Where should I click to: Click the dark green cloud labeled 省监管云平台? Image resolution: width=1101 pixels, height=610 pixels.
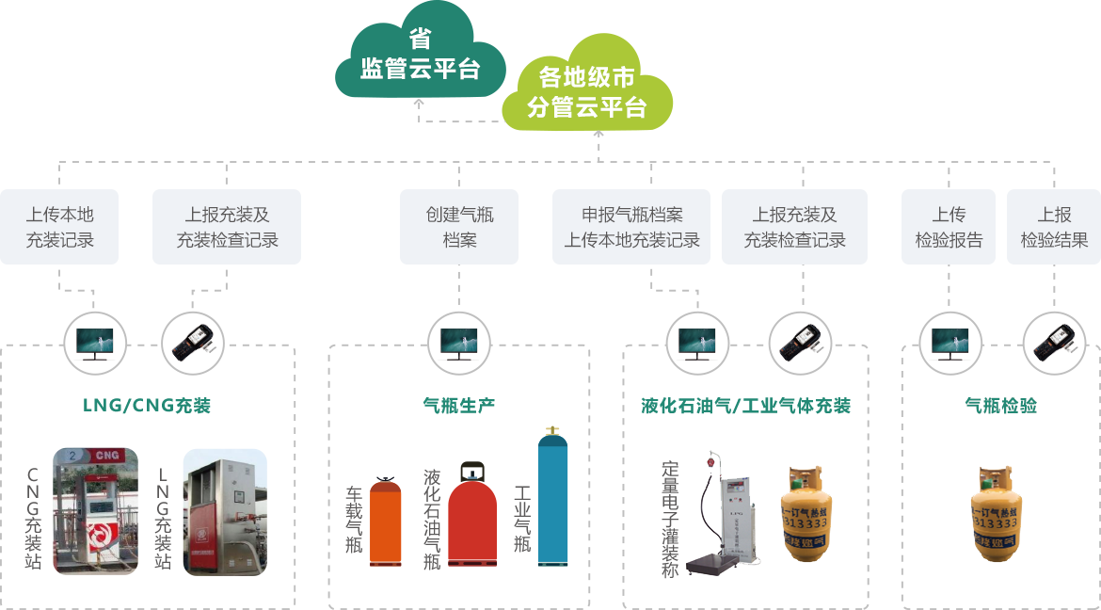click(x=420, y=56)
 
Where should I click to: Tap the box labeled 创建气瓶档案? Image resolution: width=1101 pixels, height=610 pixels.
click(x=459, y=227)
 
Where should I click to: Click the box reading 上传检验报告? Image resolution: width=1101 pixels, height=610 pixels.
click(x=949, y=227)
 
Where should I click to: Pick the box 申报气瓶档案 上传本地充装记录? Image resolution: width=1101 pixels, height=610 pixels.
click(x=632, y=227)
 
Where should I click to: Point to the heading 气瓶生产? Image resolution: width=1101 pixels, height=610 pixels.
click(x=459, y=406)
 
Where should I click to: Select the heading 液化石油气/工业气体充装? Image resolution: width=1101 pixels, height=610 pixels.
click(x=745, y=406)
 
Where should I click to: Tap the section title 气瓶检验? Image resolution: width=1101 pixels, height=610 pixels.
click(x=1001, y=406)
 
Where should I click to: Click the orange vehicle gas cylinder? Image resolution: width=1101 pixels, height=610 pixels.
click(x=386, y=523)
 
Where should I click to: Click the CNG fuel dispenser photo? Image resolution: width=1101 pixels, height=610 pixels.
click(x=95, y=511)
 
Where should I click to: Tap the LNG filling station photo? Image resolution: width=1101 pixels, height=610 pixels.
click(x=224, y=511)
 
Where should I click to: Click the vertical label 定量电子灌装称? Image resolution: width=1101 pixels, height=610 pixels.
click(x=670, y=519)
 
